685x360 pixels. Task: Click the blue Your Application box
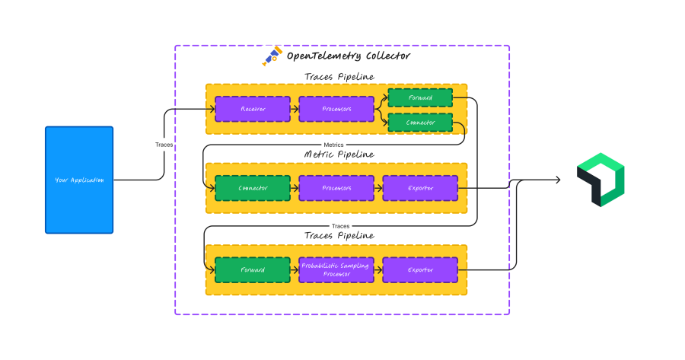[x=79, y=180]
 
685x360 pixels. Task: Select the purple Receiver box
[x=253, y=109]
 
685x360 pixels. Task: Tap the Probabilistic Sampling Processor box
[x=336, y=270]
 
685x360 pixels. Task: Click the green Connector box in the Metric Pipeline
[x=253, y=188]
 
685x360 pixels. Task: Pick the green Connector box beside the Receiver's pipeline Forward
[x=420, y=123]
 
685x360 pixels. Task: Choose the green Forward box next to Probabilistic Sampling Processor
[x=253, y=270]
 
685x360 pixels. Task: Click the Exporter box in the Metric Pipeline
[x=420, y=188]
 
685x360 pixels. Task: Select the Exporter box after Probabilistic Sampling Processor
[x=420, y=270]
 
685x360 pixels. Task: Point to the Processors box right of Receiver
[x=336, y=109]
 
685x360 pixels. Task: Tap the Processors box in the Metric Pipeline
[x=336, y=188]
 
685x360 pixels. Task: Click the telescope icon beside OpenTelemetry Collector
[x=272, y=57]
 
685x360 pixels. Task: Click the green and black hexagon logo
[x=601, y=180]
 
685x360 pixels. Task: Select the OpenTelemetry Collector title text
[x=348, y=56]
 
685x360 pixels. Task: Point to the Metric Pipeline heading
[x=339, y=155]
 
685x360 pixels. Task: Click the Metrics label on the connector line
[x=334, y=145]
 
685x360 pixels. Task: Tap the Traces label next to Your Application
[x=164, y=144]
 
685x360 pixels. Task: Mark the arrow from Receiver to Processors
[x=295, y=109]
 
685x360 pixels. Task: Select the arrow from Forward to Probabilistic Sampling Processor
[x=295, y=270]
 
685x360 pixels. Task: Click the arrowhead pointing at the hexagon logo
[x=558, y=180]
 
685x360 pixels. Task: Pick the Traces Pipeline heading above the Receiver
[x=339, y=76]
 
